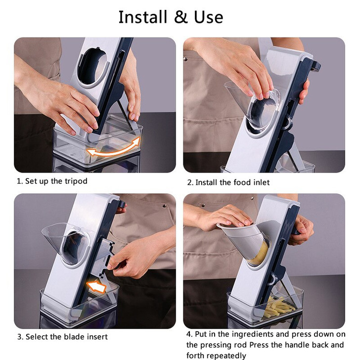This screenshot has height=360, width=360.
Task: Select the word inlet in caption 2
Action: point(260,182)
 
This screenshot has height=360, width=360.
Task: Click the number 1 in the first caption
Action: point(19,181)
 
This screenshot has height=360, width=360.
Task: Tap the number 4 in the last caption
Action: point(189,334)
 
